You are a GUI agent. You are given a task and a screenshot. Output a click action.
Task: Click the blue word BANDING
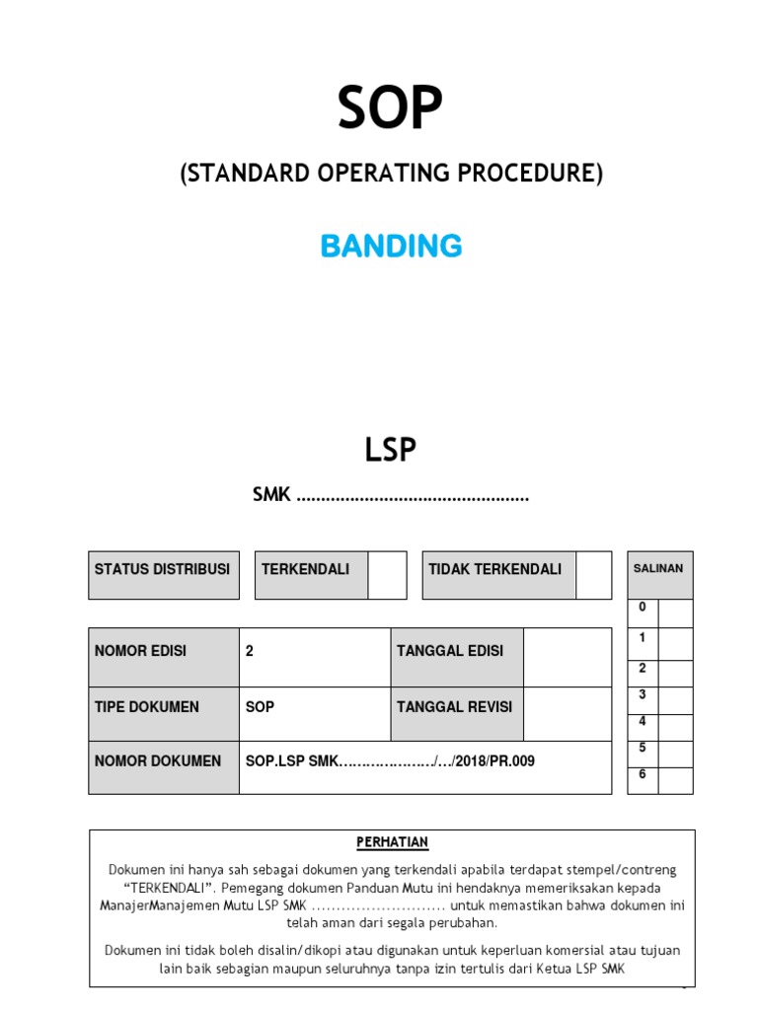pos(391,246)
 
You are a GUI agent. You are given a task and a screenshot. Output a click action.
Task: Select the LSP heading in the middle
pos(391,450)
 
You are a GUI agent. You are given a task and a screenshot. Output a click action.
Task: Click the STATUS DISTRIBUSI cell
pos(163,570)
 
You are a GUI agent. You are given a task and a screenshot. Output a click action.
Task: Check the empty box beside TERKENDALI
pos(387,575)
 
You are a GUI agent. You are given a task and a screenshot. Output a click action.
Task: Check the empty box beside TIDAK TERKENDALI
pos(593,575)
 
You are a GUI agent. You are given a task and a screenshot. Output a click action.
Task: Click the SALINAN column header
pos(658,569)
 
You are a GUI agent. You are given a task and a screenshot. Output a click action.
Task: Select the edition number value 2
pos(250,651)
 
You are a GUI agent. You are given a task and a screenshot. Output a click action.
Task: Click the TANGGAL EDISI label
pos(450,651)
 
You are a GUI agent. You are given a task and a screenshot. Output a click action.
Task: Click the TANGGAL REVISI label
pos(454,707)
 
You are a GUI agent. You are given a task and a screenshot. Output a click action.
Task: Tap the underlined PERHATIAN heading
pos(392,842)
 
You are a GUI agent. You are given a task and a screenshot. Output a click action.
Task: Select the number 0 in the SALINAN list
pos(643,608)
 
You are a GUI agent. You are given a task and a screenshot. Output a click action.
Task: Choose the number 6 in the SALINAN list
pos(643,774)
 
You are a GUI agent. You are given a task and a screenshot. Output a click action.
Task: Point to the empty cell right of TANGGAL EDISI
pos(568,657)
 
